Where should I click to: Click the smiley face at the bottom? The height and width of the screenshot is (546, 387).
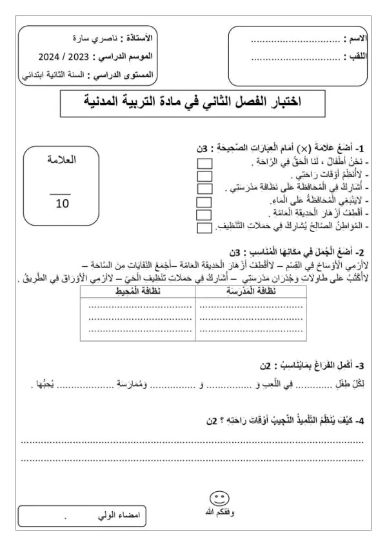coord(219,499)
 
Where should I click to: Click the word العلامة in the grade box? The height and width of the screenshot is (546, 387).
coord(62,159)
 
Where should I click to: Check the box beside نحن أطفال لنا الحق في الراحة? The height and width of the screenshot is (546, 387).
coord(204,162)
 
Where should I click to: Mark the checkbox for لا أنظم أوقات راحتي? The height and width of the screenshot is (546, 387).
coord(204,175)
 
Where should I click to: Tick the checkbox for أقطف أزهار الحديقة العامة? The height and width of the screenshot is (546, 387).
coord(204,214)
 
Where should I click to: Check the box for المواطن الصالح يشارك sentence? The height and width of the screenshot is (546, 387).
coord(204,227)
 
